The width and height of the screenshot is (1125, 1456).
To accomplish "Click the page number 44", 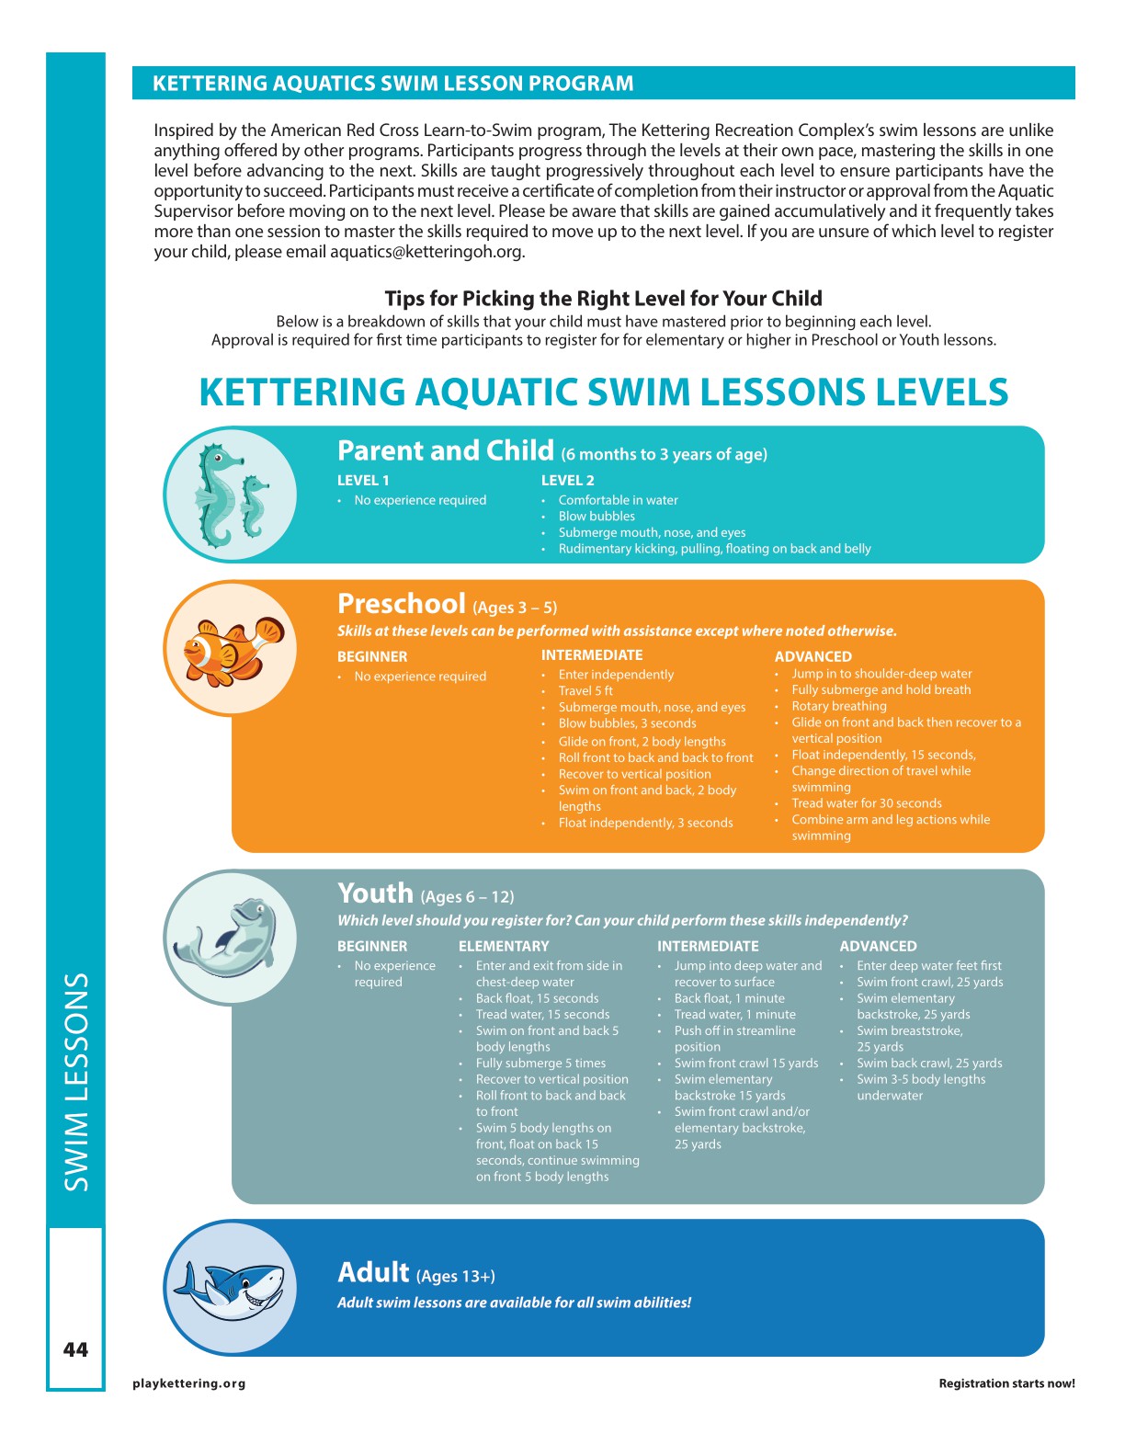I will tap(75, 1349).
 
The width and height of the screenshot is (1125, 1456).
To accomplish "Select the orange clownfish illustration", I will tap(232, 649).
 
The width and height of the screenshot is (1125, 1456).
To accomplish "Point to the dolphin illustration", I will tap(230, 938).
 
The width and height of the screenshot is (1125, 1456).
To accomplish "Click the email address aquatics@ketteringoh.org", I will tap(426, 252).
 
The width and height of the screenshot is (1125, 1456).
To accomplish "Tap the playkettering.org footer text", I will tap(189, 1383).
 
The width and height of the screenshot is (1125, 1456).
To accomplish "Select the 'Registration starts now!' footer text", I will tap(1006, 1383).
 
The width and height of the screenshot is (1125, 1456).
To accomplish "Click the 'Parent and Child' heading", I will tap(446, 450).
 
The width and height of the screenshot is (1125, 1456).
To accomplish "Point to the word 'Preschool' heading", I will tap(402, 604).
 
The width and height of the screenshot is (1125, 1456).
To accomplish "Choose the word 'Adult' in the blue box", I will tap(373, 1272).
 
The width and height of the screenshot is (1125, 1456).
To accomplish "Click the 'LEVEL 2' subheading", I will tap(567, 480).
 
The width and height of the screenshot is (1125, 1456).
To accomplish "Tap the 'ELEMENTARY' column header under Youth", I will tap(504, 946).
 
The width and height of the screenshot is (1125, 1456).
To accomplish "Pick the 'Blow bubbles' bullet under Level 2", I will tap(597, 517).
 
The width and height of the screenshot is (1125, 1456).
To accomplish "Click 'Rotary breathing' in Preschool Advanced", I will tap(839, 706).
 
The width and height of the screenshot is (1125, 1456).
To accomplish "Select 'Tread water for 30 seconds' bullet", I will tap(867, 803).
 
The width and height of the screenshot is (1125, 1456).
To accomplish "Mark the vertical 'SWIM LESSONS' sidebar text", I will tap(76, 1082).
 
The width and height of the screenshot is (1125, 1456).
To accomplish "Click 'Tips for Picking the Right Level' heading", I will tap(603, 298).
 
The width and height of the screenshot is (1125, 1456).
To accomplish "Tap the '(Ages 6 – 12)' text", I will tap(467, 897).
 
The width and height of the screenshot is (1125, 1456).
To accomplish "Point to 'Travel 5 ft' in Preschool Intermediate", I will tap(585, 691).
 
